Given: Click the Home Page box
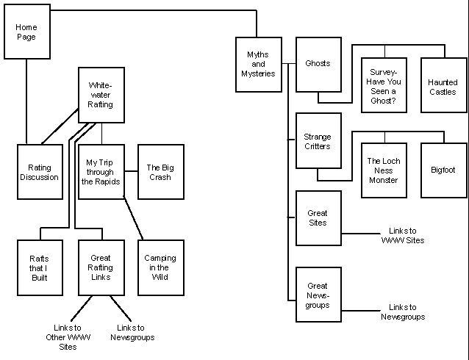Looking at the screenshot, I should [26, 32].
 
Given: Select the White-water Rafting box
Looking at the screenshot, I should [101, 94].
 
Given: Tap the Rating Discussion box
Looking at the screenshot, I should [39, 172].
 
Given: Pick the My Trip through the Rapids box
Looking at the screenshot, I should [101, 172].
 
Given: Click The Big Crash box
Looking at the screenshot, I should [160, 172].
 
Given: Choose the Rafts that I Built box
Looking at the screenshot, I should [39, 267].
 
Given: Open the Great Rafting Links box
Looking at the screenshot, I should [101, 267].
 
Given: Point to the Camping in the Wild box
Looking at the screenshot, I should [160, 267].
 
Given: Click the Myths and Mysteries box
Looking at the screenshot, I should [259, 65].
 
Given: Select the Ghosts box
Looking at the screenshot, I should [318, 65].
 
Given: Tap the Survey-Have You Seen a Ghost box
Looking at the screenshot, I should [384, 85].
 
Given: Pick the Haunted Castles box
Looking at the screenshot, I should [443, 85].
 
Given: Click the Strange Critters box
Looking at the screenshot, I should [318, 141].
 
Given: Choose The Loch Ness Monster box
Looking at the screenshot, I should [384, 170].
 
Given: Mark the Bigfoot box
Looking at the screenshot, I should [443, 170].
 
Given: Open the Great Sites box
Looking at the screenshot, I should [318, 218].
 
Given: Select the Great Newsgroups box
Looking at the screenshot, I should [318, 295].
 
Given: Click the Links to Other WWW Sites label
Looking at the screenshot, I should [67, 337].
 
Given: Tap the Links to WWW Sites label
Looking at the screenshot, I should [403, 235].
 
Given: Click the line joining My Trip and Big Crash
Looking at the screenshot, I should [131, 172].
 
